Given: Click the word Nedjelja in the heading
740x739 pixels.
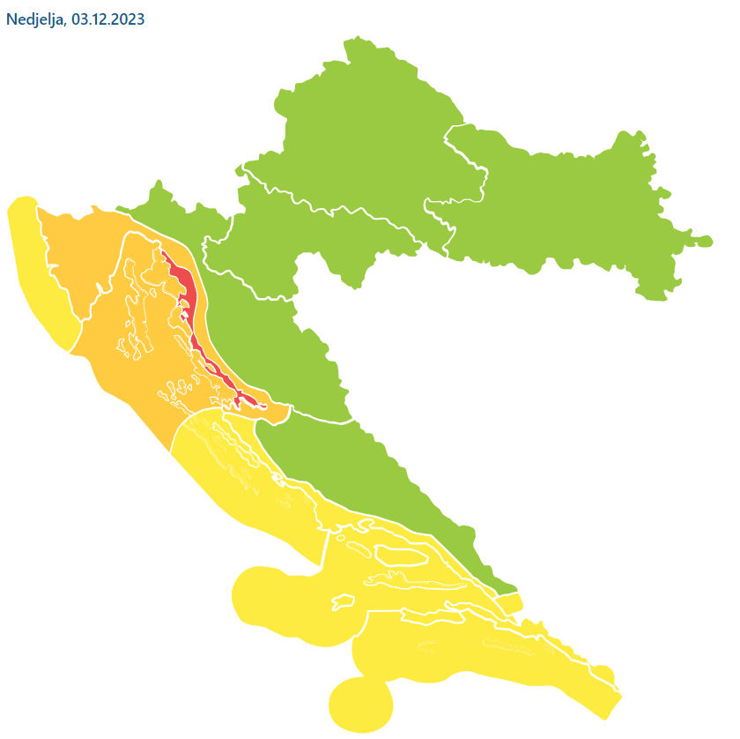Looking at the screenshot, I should (x=33, y=19).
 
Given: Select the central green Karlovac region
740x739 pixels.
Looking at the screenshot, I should (x=264, y=247).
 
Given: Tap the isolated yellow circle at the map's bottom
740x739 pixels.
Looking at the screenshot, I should (x=359, y=704).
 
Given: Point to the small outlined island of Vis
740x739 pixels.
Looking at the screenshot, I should (x=342, y=602).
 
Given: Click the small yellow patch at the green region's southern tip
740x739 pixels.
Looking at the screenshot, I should (x=510, y=604).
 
